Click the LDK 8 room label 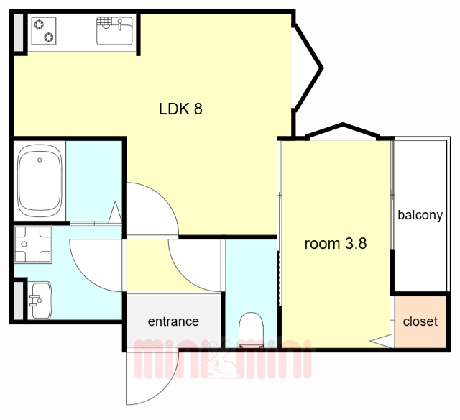tap(180, 109)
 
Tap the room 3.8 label tap(336, 244)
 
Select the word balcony tap(420, 215)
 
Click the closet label tap(420, 321)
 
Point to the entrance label tap(173, 321)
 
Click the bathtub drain tap(40, 160)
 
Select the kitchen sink tap(114, 31)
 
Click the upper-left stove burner tap(39, 24)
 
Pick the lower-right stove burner tap(49, 37)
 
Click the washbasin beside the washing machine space tap(40, 300)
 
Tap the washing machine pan tap(33, 245)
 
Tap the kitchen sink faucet tap(120, 24)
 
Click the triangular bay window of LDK tap(308, 68)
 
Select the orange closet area tap(420, 321)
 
